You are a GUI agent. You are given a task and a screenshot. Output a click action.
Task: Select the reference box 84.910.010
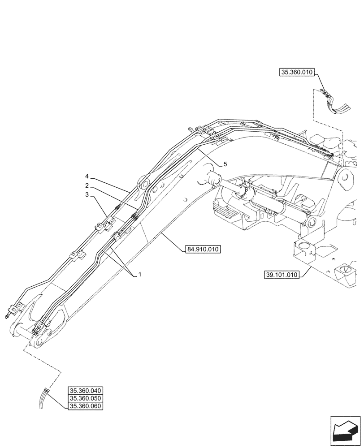203,250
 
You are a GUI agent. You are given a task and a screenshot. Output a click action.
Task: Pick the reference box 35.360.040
85,390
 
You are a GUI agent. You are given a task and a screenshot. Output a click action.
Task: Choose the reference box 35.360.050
85,398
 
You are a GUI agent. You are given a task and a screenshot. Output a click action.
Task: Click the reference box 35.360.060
85,406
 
